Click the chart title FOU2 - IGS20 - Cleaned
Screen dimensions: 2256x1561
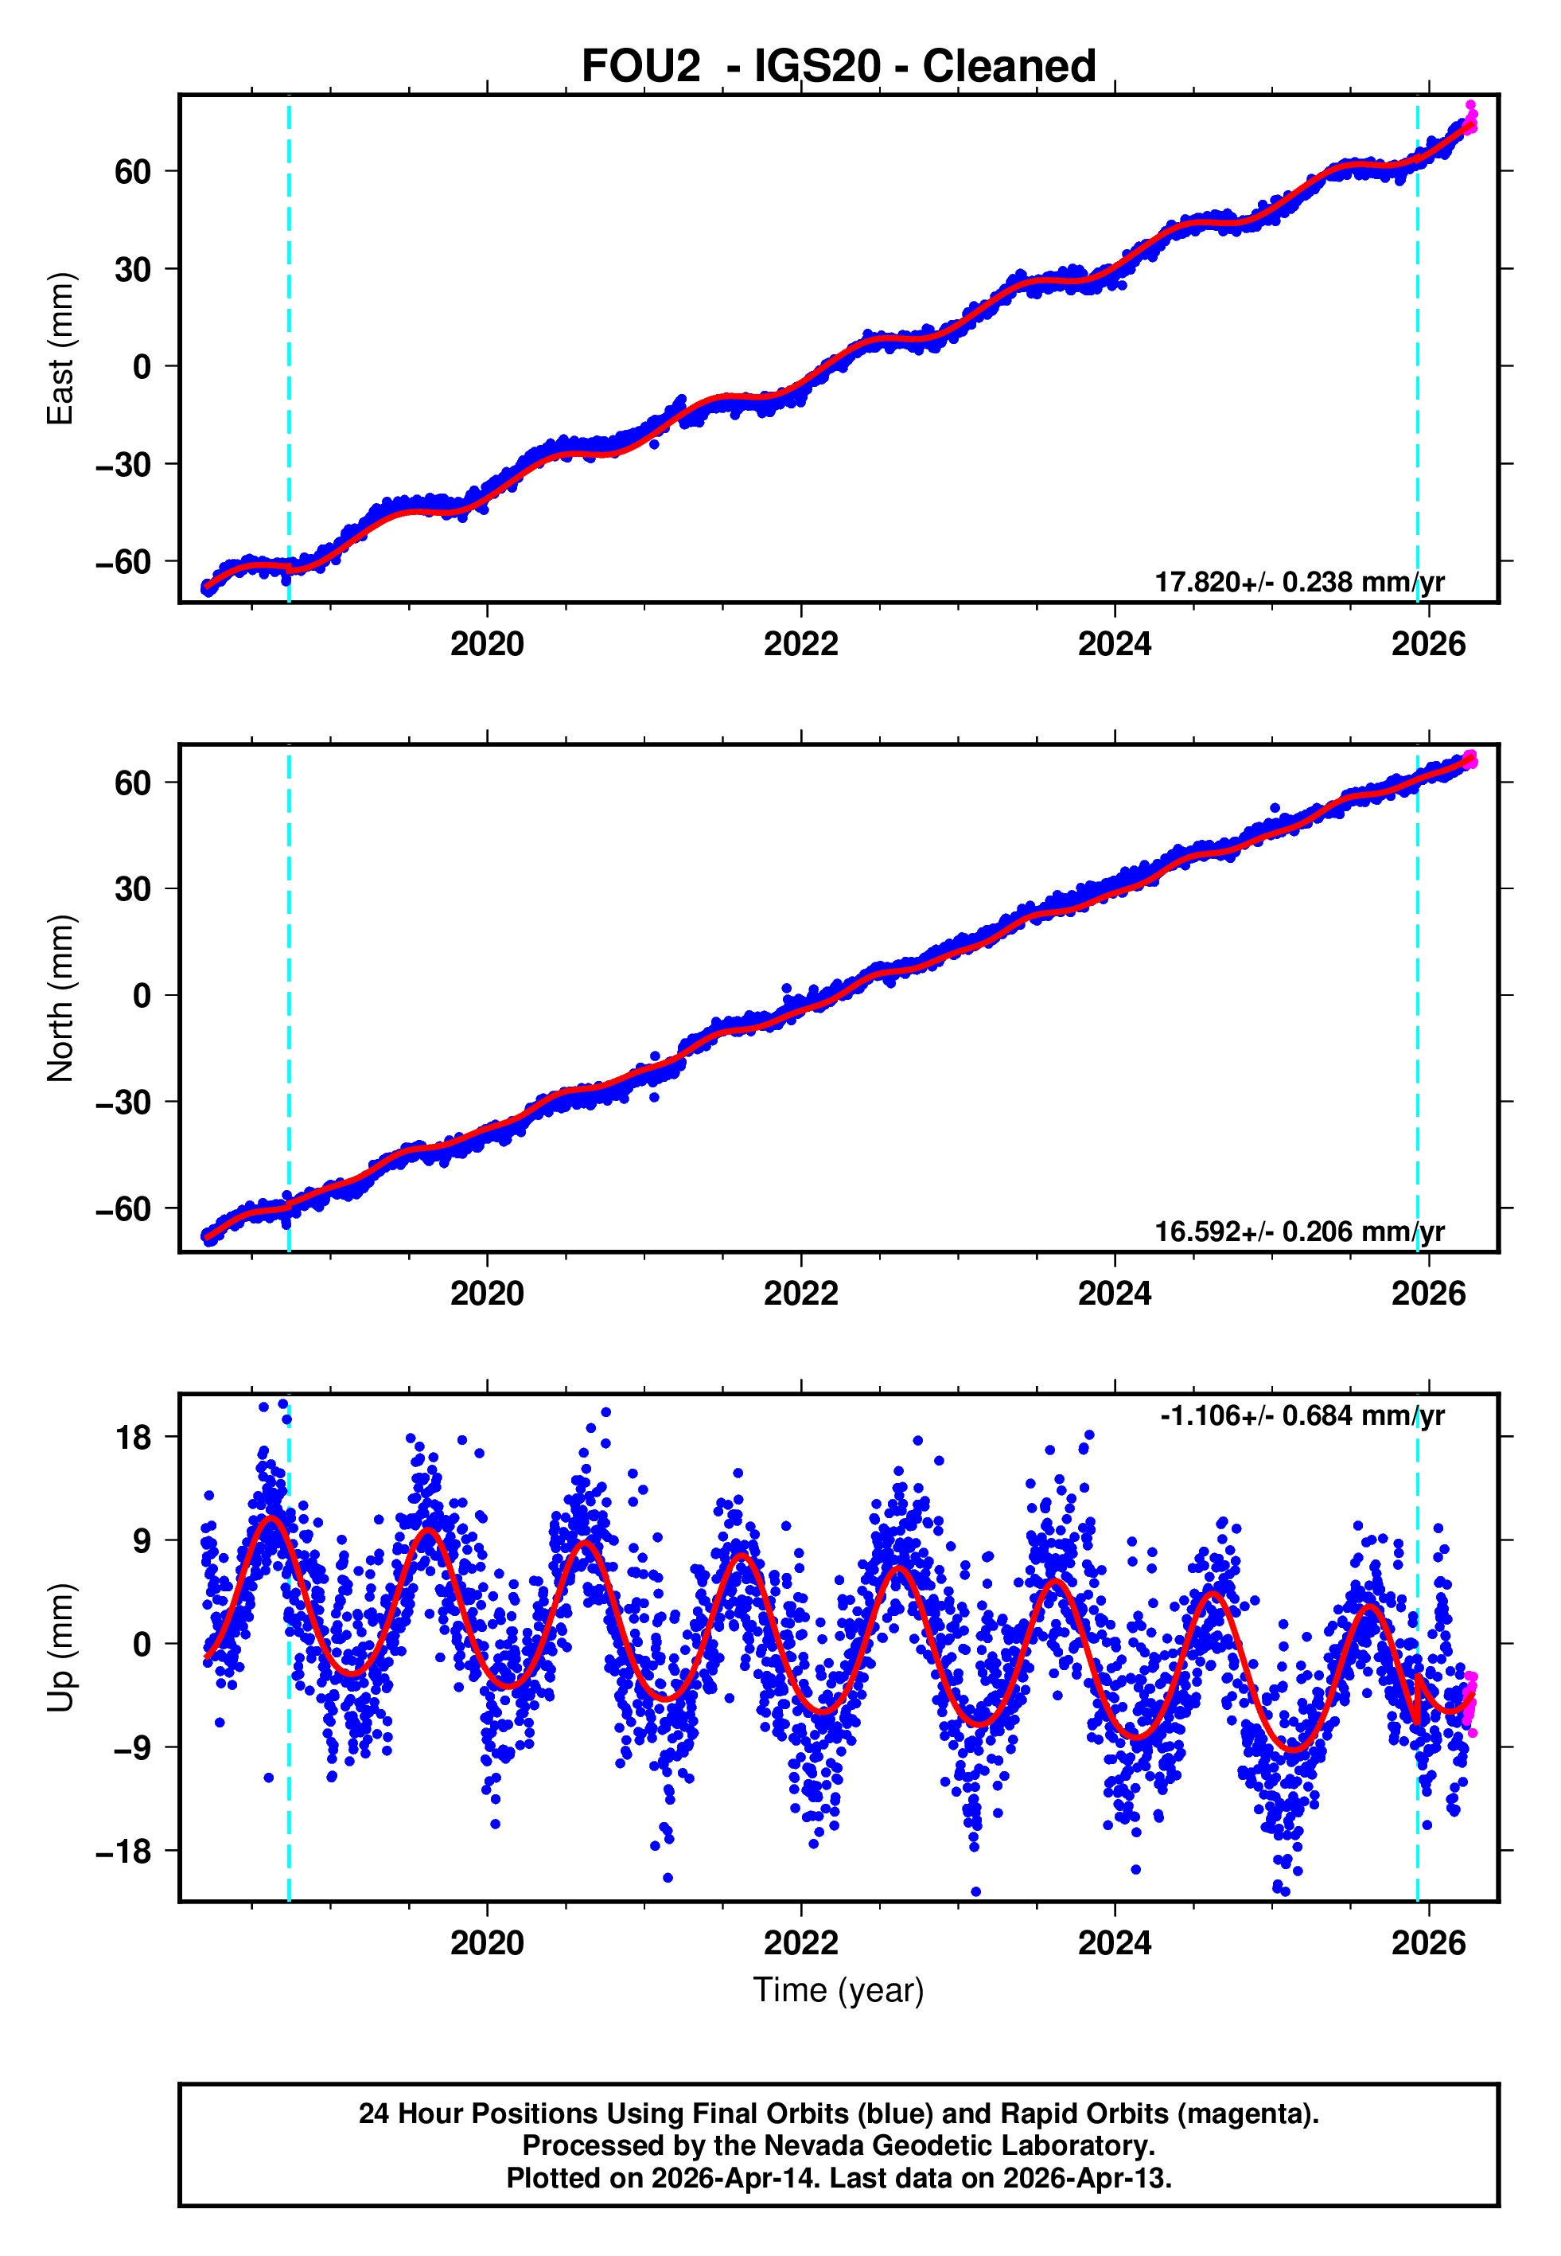[x=839, y=67]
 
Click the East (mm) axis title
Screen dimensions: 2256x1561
[x=60, y=349]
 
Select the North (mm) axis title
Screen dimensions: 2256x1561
[x=60, y=998]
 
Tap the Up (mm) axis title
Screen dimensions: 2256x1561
[x=60, y=1648]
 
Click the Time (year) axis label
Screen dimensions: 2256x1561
[x=839, y=1990]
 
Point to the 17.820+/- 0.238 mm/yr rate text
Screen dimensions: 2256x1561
[x=1299, y=582]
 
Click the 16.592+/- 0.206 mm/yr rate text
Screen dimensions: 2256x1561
[x=1299, y=1231]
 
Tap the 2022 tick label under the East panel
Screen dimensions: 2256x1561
[x=801, y=645]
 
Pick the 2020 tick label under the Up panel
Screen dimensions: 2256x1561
[x=487, y=1943]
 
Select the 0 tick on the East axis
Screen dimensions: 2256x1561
[x=142, y=367]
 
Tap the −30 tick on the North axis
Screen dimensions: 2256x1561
[x=124, y=1103]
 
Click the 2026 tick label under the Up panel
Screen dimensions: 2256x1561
[x=1429, y=1943]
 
